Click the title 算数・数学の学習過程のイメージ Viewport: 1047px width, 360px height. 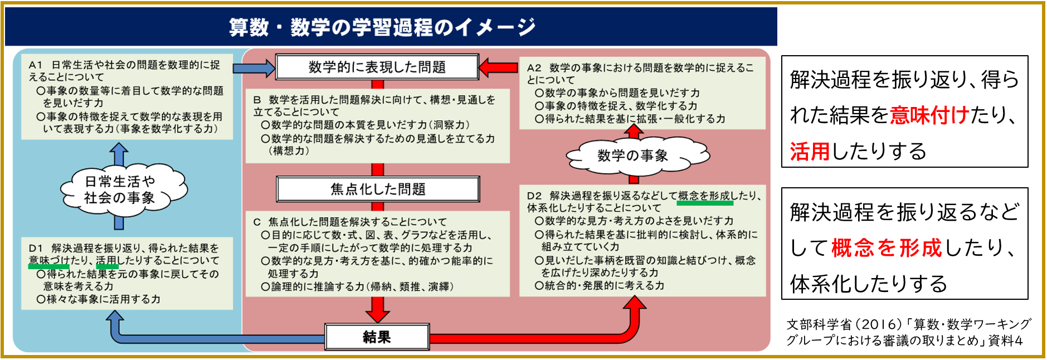click(382, 27)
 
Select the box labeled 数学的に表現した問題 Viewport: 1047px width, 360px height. click(377, 67)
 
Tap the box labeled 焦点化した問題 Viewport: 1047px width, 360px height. click(378, 189)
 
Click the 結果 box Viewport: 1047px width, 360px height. click(377, 337)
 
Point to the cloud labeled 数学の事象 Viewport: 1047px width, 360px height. click(633, 155)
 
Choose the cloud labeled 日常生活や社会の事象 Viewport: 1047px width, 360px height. click(120, 189)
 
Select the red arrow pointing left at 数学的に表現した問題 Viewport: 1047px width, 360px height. click(498, 67)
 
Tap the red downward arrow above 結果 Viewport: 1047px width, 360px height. click(378, 310)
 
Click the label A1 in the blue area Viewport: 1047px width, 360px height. click(36, 65)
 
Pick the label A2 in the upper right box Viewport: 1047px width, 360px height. click(534, 68)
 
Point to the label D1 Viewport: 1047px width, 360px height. click(36, 248)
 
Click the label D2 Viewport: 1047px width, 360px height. click(534, 196)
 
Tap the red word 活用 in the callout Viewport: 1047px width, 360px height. click(810, 151)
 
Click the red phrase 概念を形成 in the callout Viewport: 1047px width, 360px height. click(886, 247)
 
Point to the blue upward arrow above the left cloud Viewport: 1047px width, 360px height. click(119, 153)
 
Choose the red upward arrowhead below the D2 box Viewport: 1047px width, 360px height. click(634, 304)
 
